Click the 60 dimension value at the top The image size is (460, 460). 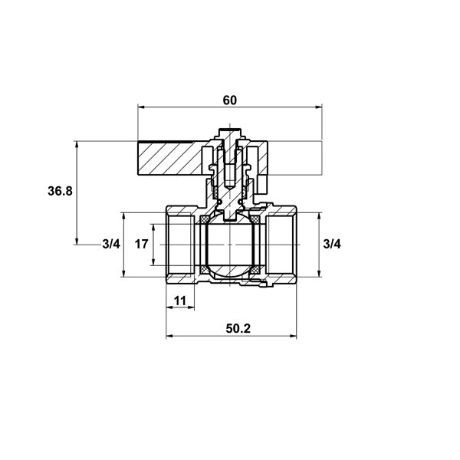coord(229,100)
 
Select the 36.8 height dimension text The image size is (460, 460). coord(60,191)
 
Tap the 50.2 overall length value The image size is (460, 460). coord(238,329)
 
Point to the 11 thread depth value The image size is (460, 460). coord(180,301)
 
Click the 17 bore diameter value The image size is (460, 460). coord(141,244)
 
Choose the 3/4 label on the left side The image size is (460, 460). coord(111,244)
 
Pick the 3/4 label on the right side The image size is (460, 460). coord(332,244)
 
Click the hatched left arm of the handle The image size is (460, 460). coord(169,159)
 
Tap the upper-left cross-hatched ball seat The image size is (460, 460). coord(204,219)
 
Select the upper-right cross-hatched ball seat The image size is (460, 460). coord(255,219)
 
